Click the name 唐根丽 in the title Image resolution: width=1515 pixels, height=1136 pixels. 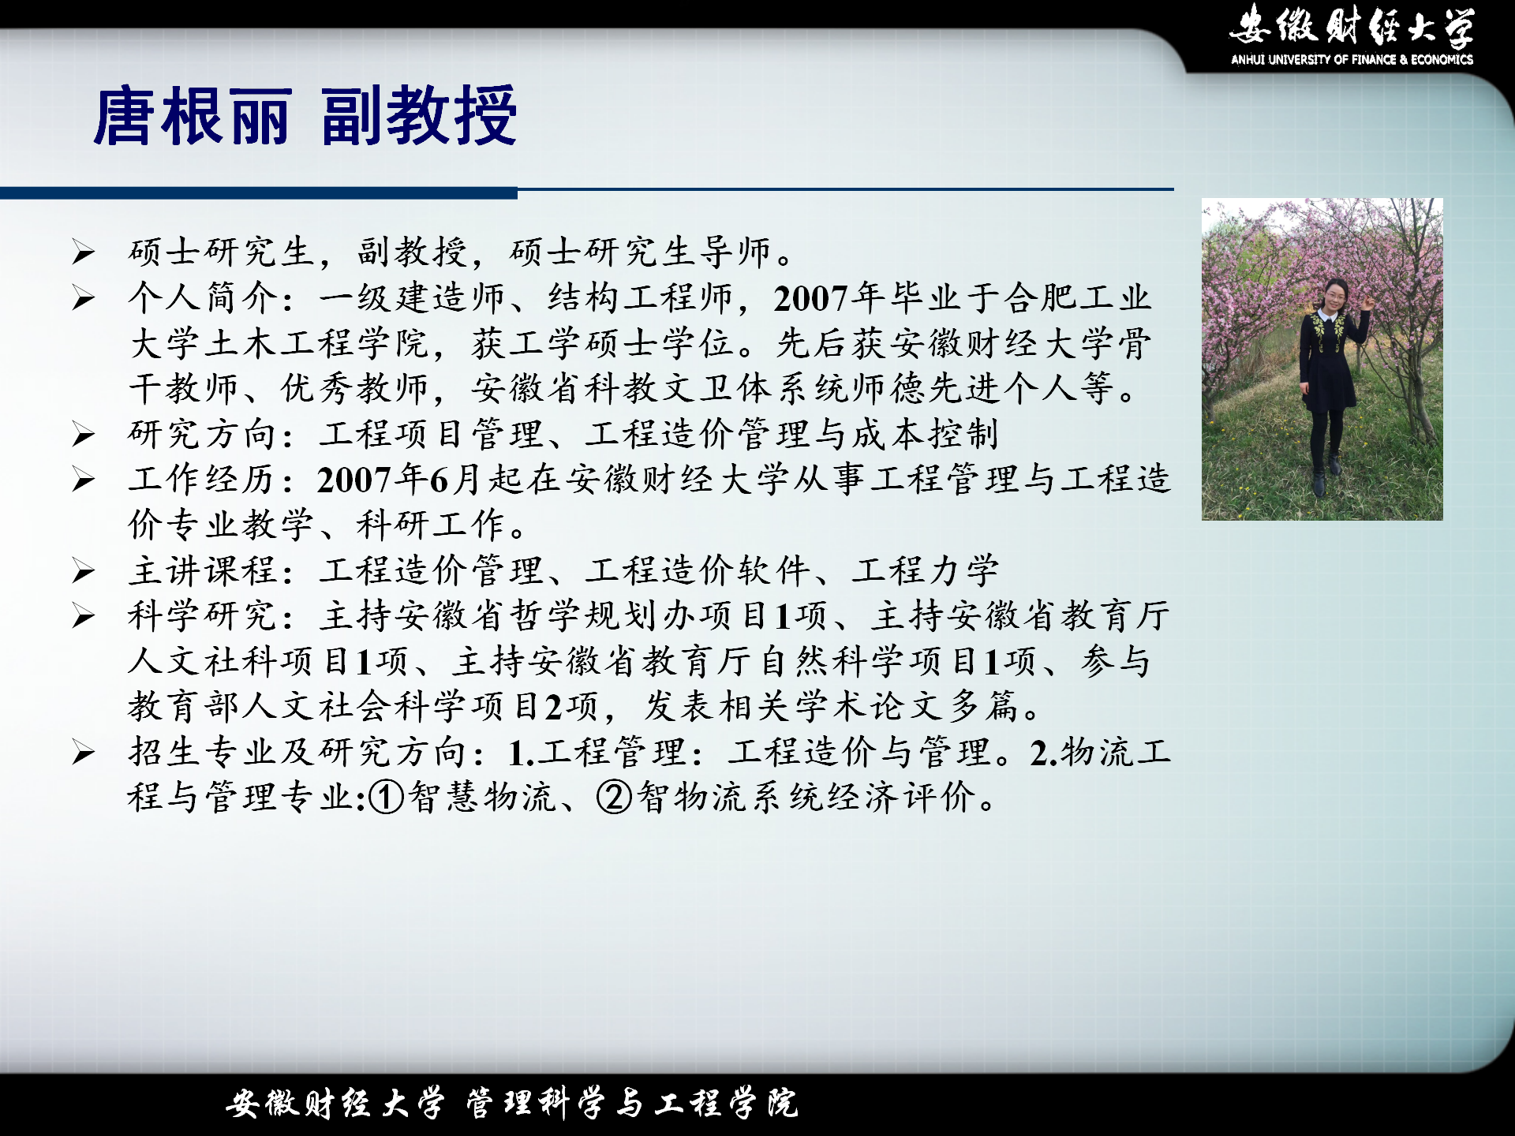(193, 117)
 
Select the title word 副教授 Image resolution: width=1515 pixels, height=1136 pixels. (419, 117)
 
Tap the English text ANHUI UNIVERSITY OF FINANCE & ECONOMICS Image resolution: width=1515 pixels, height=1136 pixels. (1352, 59)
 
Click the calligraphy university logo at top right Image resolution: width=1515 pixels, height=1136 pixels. (1352, 25)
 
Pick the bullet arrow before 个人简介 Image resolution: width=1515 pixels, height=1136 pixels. (84, 298)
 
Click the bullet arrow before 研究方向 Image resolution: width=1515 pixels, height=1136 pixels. (84, 434)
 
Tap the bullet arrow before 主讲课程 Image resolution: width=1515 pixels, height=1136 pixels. (84, 570)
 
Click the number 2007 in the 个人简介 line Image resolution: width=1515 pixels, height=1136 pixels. (810, 299)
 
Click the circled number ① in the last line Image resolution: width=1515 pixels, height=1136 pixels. (387, 798)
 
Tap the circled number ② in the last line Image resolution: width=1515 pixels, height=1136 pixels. (614, 798)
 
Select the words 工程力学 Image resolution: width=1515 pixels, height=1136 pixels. (925, 570)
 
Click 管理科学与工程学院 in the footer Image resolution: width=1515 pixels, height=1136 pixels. (632, 1103)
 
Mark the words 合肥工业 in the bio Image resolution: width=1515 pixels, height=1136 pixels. (1077, 298)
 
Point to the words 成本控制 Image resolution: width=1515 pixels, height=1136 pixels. (925, 434)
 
